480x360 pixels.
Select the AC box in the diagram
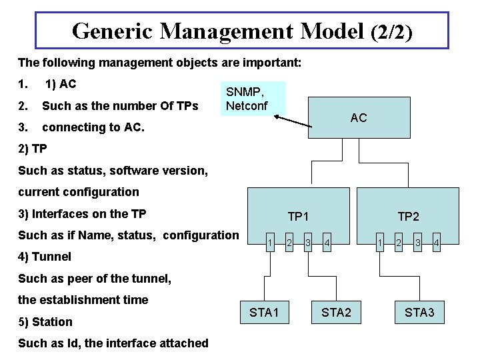pyautogui.click(x=358, y=118)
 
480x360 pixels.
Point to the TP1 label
pyautogui.click(x=298, y=217)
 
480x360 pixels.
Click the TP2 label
pyautogui.click(x=409, y=217)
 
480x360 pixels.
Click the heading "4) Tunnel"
pyautogui.click(x=45, y=257)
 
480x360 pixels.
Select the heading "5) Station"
pyautogui.click(x=45, y=322)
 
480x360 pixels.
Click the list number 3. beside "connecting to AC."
pyautogui.click(x=23, y=127)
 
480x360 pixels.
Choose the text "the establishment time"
pyautogui.click(x=83, y=300)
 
